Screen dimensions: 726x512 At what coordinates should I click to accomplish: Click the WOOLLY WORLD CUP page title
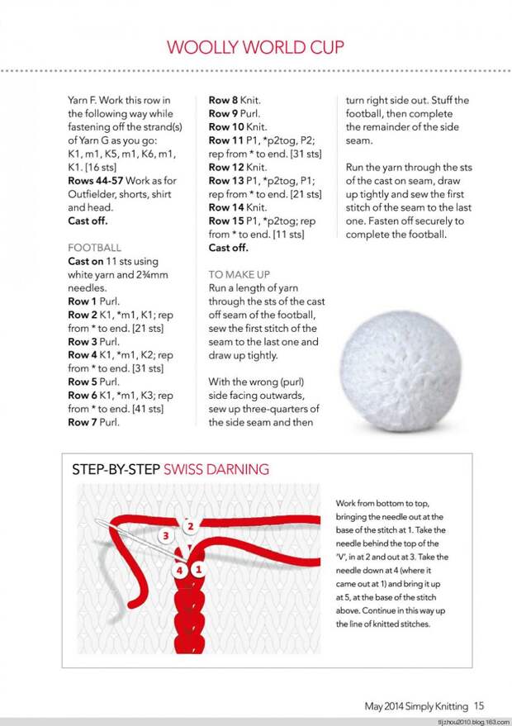click(255, 46)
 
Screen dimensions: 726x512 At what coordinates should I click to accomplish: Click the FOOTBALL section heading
click(94, 247)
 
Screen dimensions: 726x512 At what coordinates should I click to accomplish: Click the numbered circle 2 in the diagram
click(191, 526)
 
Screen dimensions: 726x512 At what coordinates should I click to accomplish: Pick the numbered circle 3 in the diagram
click(165, 536)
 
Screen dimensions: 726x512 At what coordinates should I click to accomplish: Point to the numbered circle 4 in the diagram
click(181, 570)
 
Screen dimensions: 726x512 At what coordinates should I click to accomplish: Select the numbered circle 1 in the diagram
click(199, 569)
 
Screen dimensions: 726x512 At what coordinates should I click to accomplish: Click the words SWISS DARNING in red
click(216, 469)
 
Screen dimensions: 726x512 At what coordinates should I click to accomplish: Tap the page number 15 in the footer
click(479, 705)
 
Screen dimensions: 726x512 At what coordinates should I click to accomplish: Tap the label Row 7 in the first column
click(83, 422)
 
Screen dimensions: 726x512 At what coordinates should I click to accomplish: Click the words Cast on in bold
click(85, 261)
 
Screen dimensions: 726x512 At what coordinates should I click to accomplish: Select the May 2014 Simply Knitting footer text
click(417, 706)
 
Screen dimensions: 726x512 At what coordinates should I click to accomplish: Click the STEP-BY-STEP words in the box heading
click(116, 469)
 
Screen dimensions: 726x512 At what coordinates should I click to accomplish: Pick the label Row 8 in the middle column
click(224, 100)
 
